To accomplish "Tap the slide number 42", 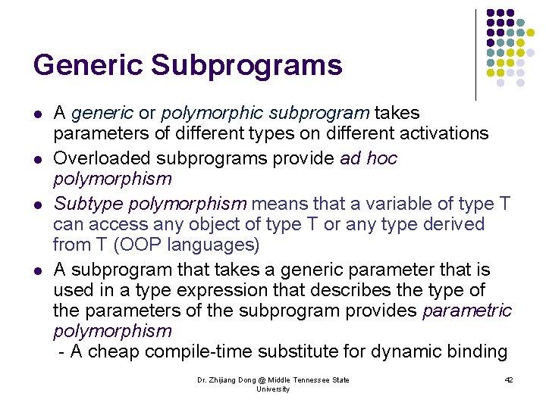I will [x=509, y=379].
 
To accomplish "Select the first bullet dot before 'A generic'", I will [x=38, y=114].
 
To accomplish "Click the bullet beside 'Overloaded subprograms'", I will [x=38, y=159].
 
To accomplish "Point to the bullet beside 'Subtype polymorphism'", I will [x=38, y=204].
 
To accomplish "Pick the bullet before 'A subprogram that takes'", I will [x=38, y=270].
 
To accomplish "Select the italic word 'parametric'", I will [x=467, y=311].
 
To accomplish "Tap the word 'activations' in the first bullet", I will [x=444, y=133].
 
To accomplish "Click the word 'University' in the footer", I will [x=273, y=389].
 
